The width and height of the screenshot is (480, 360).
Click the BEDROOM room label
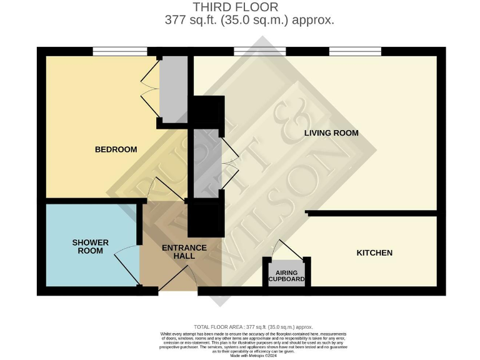[x=116, y=149]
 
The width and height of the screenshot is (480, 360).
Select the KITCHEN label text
[x=374, y=253]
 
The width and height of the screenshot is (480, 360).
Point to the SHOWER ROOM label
[x=90, y=247]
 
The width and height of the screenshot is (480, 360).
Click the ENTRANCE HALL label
[x=184, y=252]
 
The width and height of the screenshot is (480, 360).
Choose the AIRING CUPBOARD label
[x=286, y=276]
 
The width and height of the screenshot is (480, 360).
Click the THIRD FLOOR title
[x=236, y=7]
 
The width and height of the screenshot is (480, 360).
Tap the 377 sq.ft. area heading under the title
[x=249, y=20]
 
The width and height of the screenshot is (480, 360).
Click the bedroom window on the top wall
[x=120, y=51]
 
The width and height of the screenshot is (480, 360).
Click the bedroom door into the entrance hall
[x=166, y=188]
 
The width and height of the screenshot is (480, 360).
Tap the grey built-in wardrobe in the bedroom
[x=173, y=87]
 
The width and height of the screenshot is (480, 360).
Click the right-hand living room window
[x=355, y=51]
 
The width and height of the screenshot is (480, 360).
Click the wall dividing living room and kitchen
[x=372, y=214]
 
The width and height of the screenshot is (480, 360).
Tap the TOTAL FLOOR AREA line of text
[x=253, y=327]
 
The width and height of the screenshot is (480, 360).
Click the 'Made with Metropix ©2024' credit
[x=253, y=356]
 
